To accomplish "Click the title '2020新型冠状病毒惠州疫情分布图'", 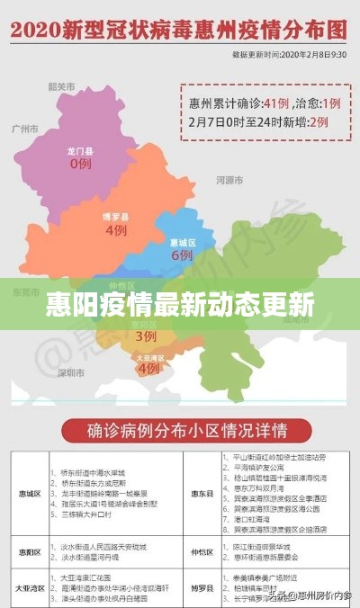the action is tap(179, 29).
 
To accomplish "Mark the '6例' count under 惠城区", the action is tap(181, 255).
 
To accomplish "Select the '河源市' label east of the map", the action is tap(231, 180).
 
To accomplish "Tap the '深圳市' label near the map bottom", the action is tap(71, 371).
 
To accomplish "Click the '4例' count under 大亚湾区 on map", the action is tap(148, 368).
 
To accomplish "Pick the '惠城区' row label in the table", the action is tap(31, 493).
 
